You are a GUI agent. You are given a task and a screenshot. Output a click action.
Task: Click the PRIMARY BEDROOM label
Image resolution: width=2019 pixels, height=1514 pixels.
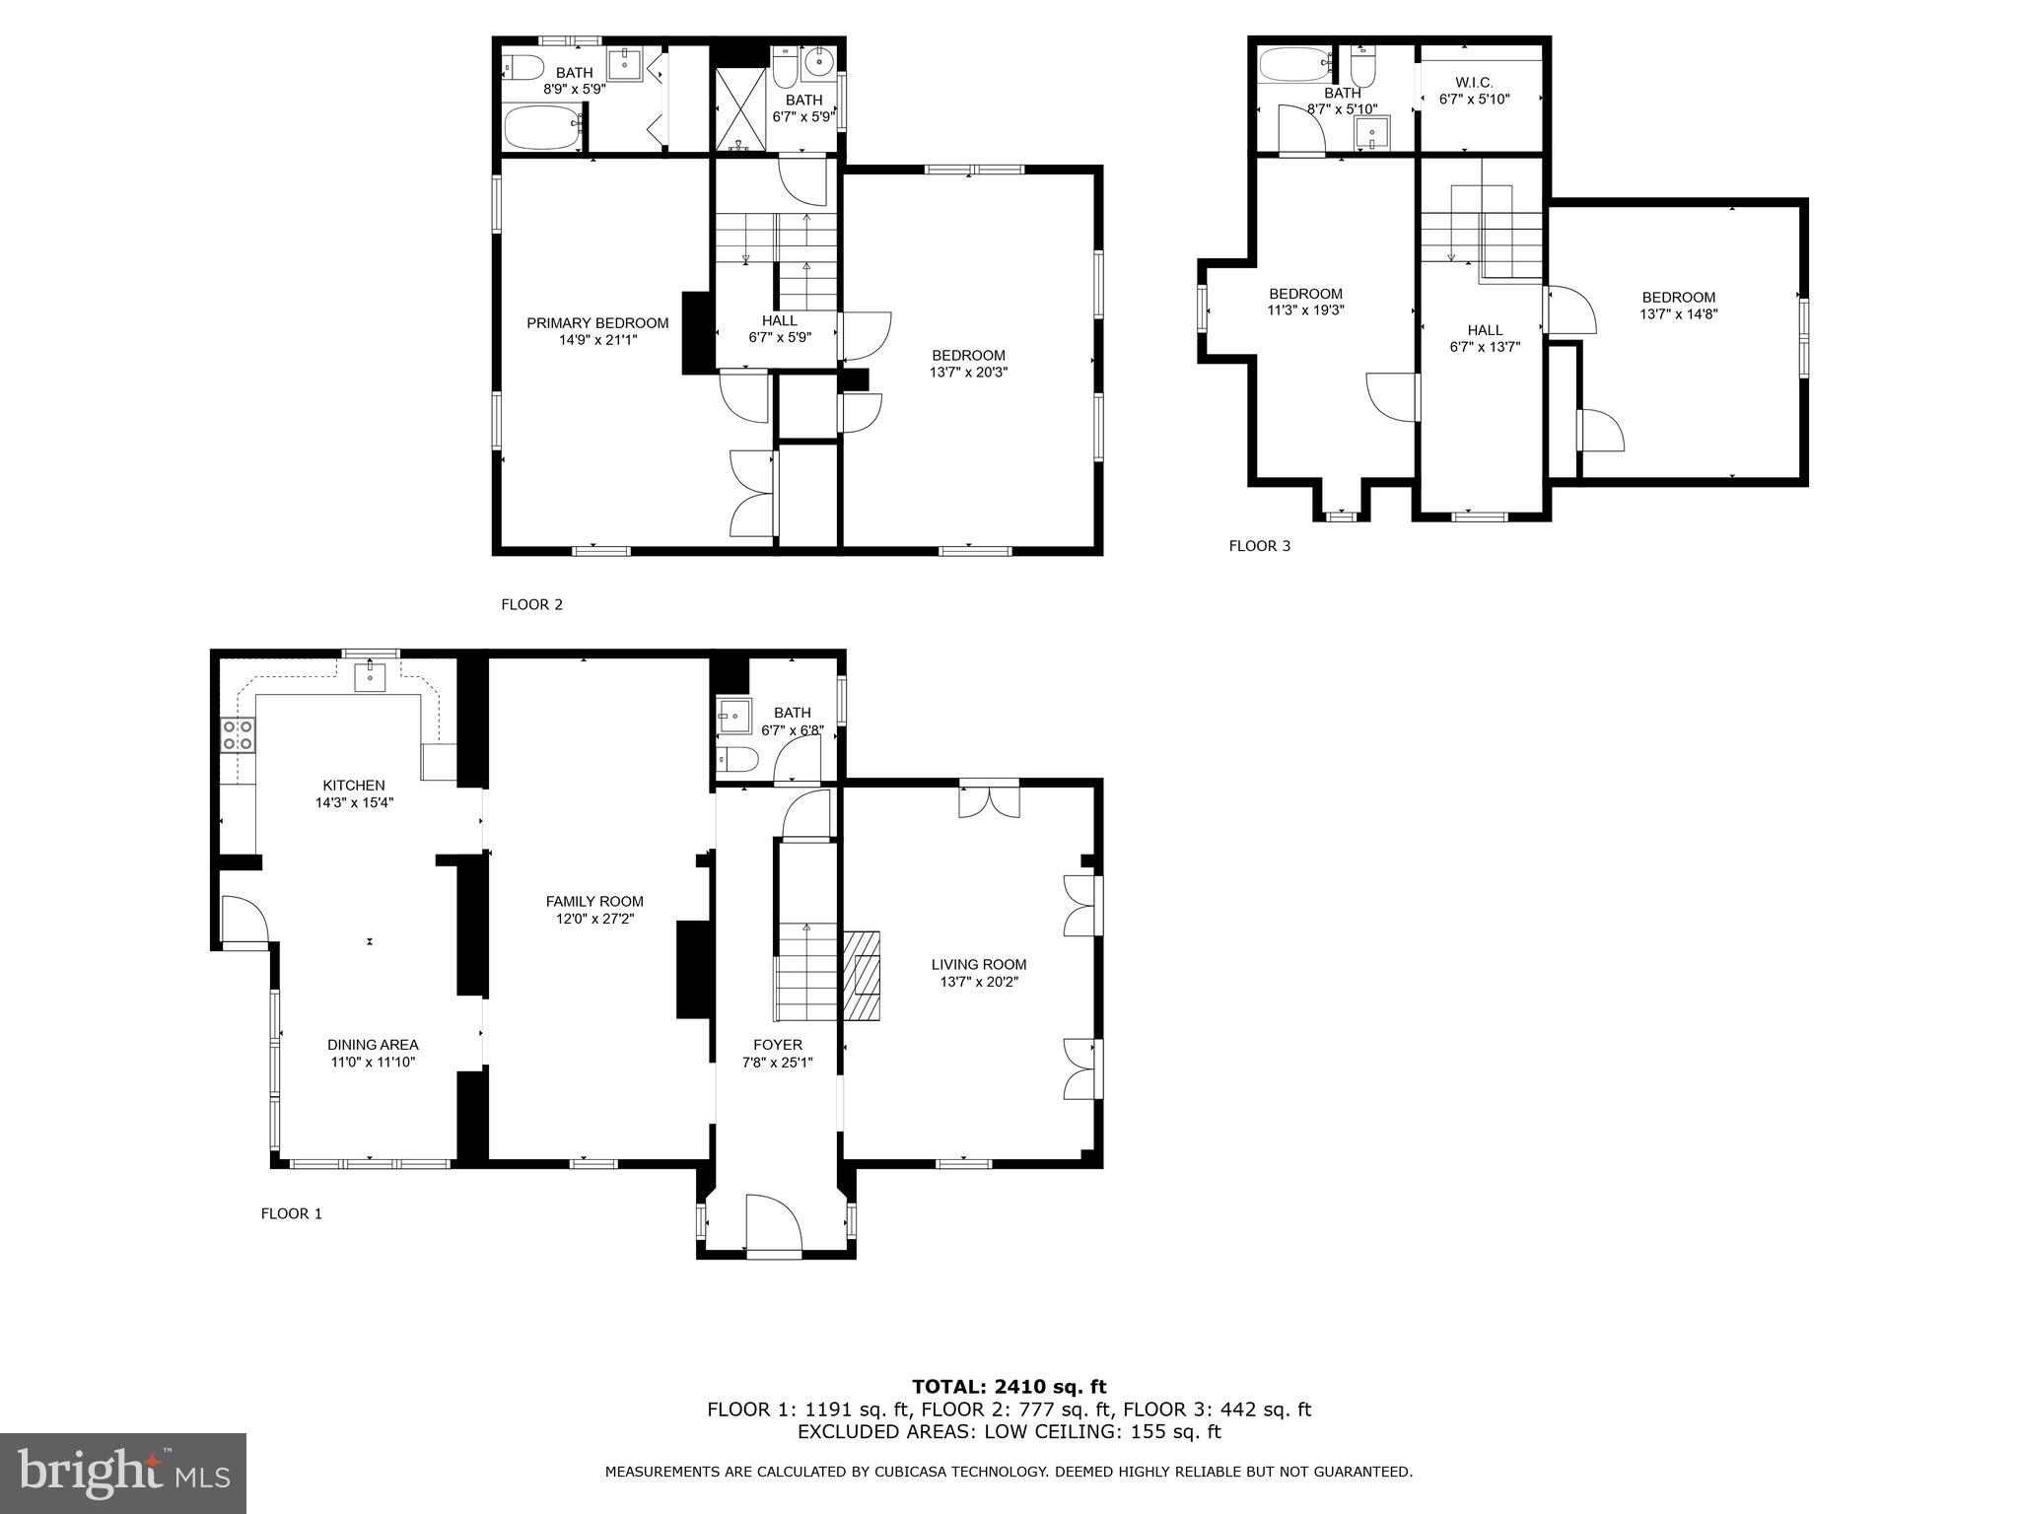click(x=596, y=323)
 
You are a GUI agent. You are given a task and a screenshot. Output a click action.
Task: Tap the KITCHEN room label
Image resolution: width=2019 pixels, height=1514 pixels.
click(x=354, y=786)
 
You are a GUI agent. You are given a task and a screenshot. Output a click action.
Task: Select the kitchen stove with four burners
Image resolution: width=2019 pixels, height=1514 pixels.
click(x=238, y=734)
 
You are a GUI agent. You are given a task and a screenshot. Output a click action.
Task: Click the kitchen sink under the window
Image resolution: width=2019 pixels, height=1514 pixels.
click(x=370, y=676)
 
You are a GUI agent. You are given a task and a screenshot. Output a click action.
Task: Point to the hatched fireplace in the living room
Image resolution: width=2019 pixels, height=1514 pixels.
click(x=860, y=975)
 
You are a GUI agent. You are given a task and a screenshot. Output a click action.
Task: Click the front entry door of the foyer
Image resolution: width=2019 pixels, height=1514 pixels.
click(x=774, y=1225)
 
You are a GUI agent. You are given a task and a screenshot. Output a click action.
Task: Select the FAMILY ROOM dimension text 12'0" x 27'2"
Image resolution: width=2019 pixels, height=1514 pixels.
click(x=594, y=919)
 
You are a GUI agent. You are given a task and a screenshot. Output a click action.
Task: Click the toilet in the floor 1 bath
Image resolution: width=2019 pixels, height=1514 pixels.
click(x=737, y=759)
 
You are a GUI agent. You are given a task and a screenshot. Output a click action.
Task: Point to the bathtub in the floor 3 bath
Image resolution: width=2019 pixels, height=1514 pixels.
click(x=1293, y=65)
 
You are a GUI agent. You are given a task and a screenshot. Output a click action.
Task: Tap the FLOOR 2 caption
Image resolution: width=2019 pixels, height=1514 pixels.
click(x=531, y=604)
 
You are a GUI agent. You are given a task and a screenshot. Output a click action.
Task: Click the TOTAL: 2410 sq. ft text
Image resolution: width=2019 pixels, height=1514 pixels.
click(x=1009, y=1387)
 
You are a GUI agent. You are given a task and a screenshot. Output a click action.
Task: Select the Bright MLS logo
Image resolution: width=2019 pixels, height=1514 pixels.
click(x=123, y=1474)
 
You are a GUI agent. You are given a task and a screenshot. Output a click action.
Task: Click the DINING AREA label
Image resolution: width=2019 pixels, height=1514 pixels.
click(x=373, y=1045)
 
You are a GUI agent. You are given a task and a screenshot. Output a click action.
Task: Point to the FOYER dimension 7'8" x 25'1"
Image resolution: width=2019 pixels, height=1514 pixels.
click(x=777, y=1063)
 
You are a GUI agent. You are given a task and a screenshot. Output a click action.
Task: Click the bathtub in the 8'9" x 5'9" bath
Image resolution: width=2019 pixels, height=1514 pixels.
click(x=543, y=128)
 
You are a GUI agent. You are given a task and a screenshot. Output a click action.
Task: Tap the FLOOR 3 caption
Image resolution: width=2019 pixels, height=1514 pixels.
click(x=1259, y=546)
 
